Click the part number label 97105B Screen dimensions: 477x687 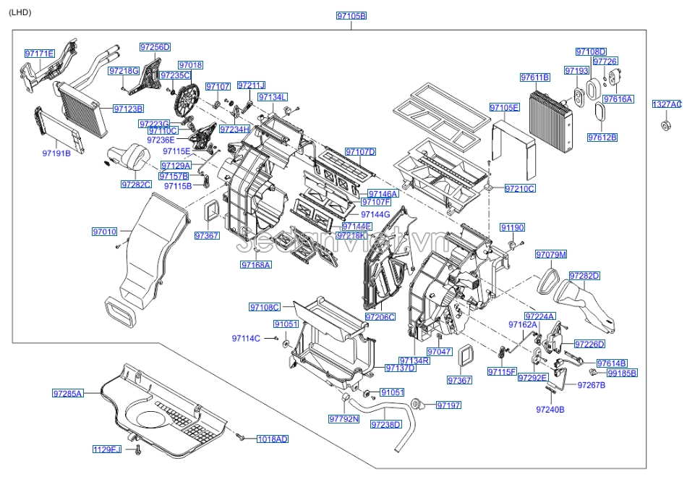[x=351, y=15]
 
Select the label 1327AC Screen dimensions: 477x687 [x=666, y=104]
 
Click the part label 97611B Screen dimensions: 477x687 [x=535, y=77]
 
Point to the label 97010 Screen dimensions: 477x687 [x=104, y=232]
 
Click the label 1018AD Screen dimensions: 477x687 [x=272, y=439]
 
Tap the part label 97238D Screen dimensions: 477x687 [x=385, y=424]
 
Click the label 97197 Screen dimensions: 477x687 [x=448, y=405]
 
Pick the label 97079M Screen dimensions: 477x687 [x=551, y=254]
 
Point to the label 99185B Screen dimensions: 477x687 [x=622, y=373]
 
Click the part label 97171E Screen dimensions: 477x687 [x=39, y=54]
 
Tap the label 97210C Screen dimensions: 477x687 [x=520, y=188]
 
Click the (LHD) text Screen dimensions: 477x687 [x=20, y=12]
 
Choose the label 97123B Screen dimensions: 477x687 [x=128, y=109]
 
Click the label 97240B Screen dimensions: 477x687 [x=550, y=410]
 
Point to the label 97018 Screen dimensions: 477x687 [x=190, y=65]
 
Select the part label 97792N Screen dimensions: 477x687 [x=343, y=418]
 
